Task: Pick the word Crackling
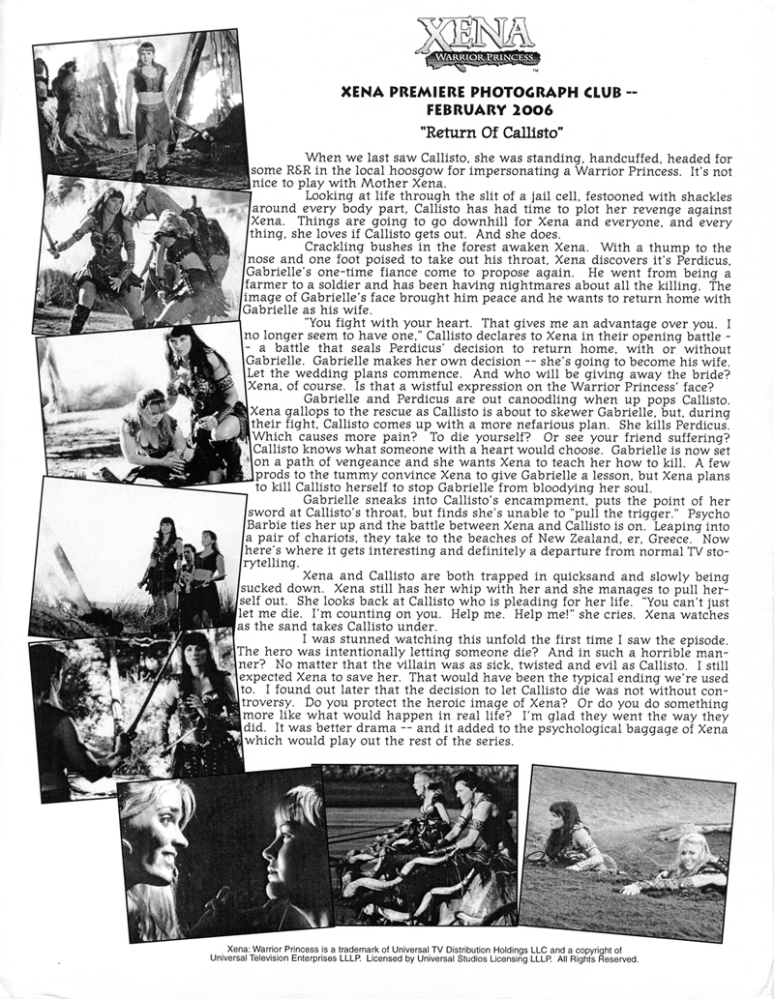(x=335, y=247)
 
